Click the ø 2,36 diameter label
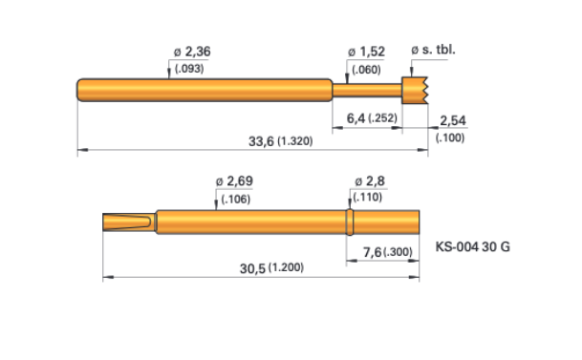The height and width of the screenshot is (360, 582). click(x=192, y=52)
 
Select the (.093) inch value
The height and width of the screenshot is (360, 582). click(x=189, y=69)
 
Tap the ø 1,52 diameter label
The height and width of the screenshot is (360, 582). click(x=366, y=52)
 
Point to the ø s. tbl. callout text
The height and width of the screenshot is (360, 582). click(x=433, y=50)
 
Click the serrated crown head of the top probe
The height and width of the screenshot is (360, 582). click(x=415, y=90)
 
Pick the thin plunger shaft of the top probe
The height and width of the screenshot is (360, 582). click(x=367, y=90)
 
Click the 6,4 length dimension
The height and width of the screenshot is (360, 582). click(x=356, y=118)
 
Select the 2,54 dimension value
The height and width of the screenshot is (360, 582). click(x=452, y=120)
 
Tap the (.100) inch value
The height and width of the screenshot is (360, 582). click(x=450, y=138)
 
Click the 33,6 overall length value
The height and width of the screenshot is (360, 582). click(x=261, y=141)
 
